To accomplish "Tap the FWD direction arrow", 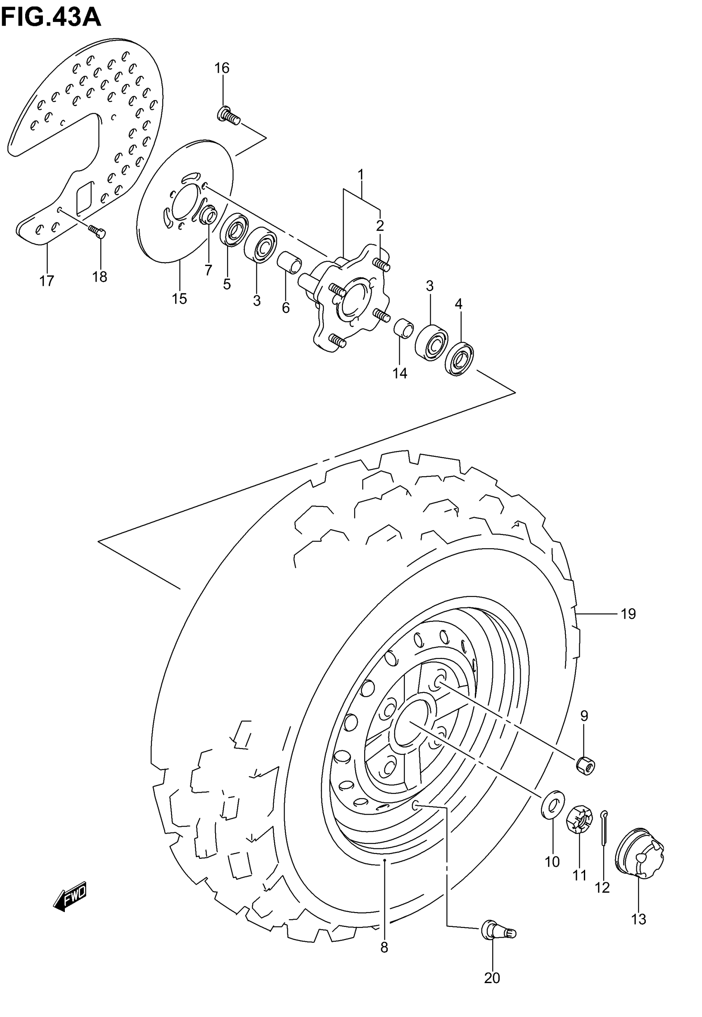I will tap(70, 896).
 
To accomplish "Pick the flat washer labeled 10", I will tap(553, 805).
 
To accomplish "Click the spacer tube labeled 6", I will tap(289, 262).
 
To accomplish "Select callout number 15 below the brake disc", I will tap(180, 299).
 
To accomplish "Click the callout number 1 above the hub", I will tap(360, 175).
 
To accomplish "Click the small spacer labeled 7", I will tap(209, 216).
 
